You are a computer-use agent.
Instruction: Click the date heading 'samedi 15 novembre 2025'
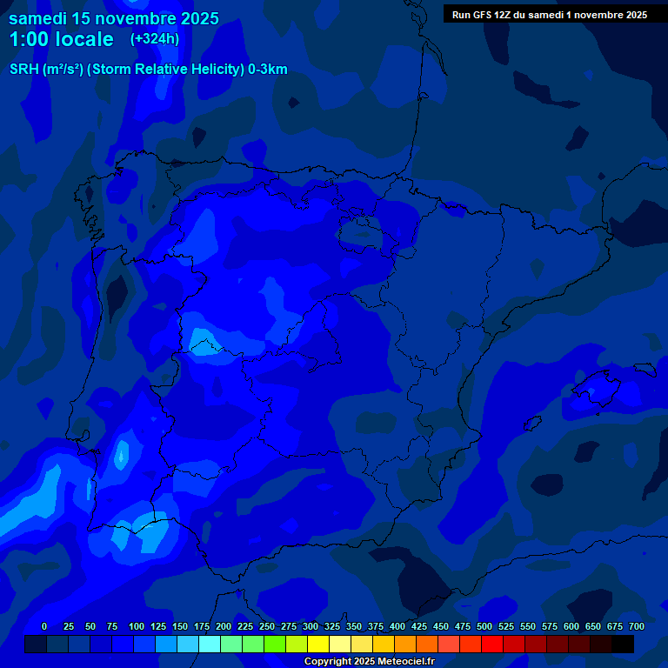(114, 18)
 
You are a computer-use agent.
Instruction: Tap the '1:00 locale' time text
(61, 39)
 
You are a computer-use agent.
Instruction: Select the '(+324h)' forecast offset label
(155, 39)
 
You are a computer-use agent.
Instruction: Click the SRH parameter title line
(148, 70)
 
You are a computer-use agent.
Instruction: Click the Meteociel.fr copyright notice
(369, 662)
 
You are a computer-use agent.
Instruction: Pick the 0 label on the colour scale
(44, 627)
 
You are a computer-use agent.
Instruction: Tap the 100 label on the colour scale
(137, 627)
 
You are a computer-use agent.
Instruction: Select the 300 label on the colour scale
(311, 627)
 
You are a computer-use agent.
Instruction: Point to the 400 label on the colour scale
(397, 627)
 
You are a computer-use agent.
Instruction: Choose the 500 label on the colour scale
(484, 627)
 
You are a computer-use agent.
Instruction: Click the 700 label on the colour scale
(637, 627)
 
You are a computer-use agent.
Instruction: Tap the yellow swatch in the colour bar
(318, 645)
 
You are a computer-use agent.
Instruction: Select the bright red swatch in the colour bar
(492, 645)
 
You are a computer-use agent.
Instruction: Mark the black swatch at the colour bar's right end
(623, 645)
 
